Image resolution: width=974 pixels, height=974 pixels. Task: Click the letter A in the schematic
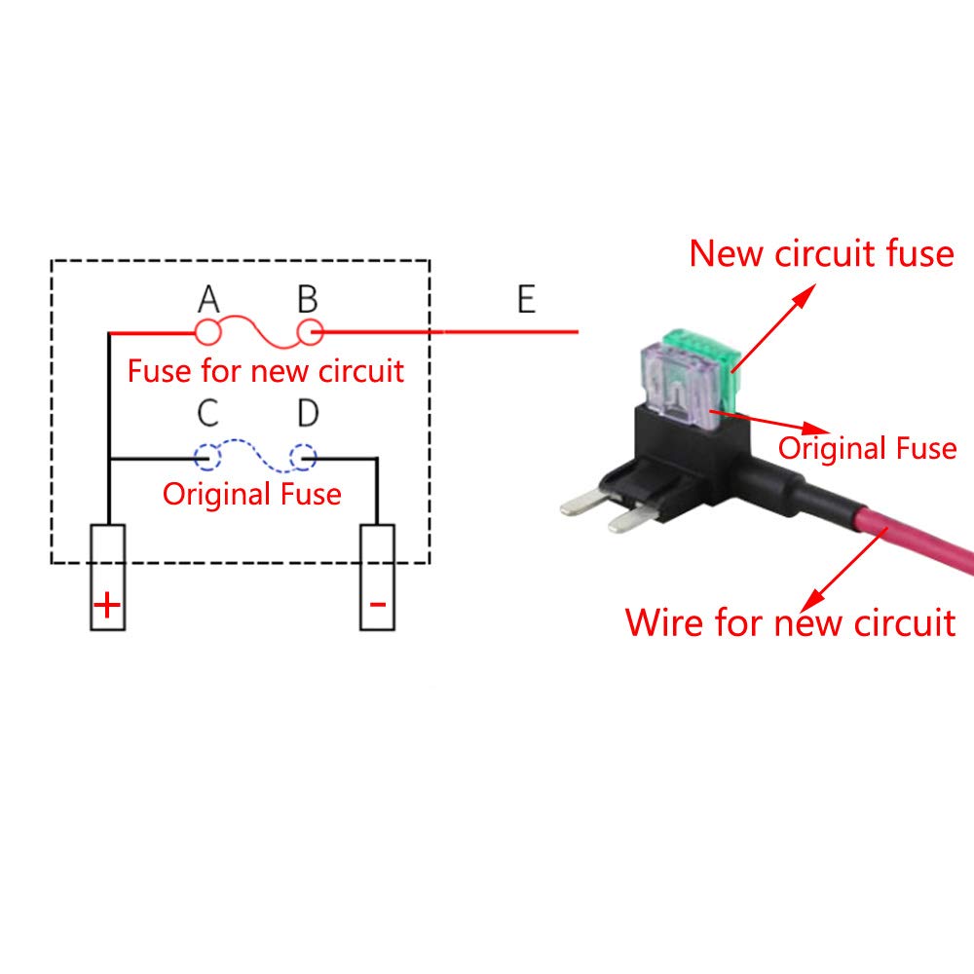pyautogui.click(x=208, y=299)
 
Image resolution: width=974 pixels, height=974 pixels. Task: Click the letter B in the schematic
pyautogui.click(x=308, y=299)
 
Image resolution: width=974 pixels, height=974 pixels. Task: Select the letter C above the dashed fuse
pyautogui.click(x=207, y=414)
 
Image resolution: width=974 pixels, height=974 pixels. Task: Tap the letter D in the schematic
pyautogui.click(x=308, y=414)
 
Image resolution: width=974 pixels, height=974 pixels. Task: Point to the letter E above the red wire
pyautogui.click(x=526, y=299)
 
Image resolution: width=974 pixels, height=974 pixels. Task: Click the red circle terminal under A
pyautogui.click(x=208, y=333)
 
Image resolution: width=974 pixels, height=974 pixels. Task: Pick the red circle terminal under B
pyautogui.click(x=310, y=333)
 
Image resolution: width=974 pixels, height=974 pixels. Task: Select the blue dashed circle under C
pyautogui.click(x=207, y=456)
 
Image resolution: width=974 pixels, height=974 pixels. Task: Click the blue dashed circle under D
pyautogui.click(x=304, y=456)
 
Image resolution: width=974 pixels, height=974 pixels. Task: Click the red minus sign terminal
pyautogui.click(x=377, y=605)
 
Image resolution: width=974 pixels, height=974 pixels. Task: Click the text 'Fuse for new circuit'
pyautogui.click(x=266, y=371)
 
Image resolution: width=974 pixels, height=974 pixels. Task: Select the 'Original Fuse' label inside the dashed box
pyautogui.click(x=252, y=494)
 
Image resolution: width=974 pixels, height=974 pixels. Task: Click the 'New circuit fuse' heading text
pyautogui.click(x=821, y=253)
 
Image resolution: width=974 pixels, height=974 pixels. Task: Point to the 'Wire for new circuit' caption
pyautogui.click(x=790, y=621)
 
